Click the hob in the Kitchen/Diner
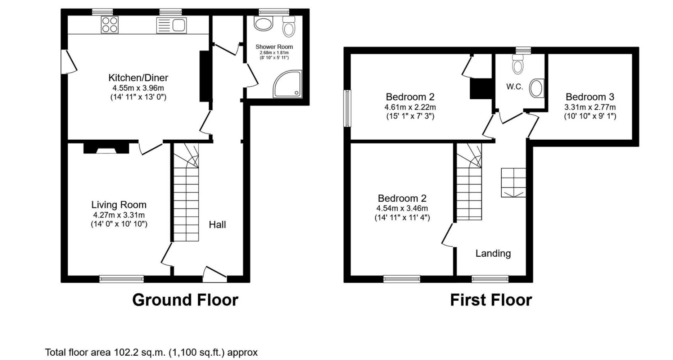110,25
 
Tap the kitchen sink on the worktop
172,25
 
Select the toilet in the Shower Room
288,26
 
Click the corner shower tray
287,84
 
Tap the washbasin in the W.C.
537,88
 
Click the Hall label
217,225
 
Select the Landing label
493,253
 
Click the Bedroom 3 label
590,97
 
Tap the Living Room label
119,205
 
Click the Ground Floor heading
185,300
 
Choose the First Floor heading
491,300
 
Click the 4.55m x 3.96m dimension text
138,88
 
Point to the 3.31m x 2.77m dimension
590,107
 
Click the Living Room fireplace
106,148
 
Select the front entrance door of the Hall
215,274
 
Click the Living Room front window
122,279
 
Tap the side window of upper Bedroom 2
347,108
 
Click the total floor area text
152,352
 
